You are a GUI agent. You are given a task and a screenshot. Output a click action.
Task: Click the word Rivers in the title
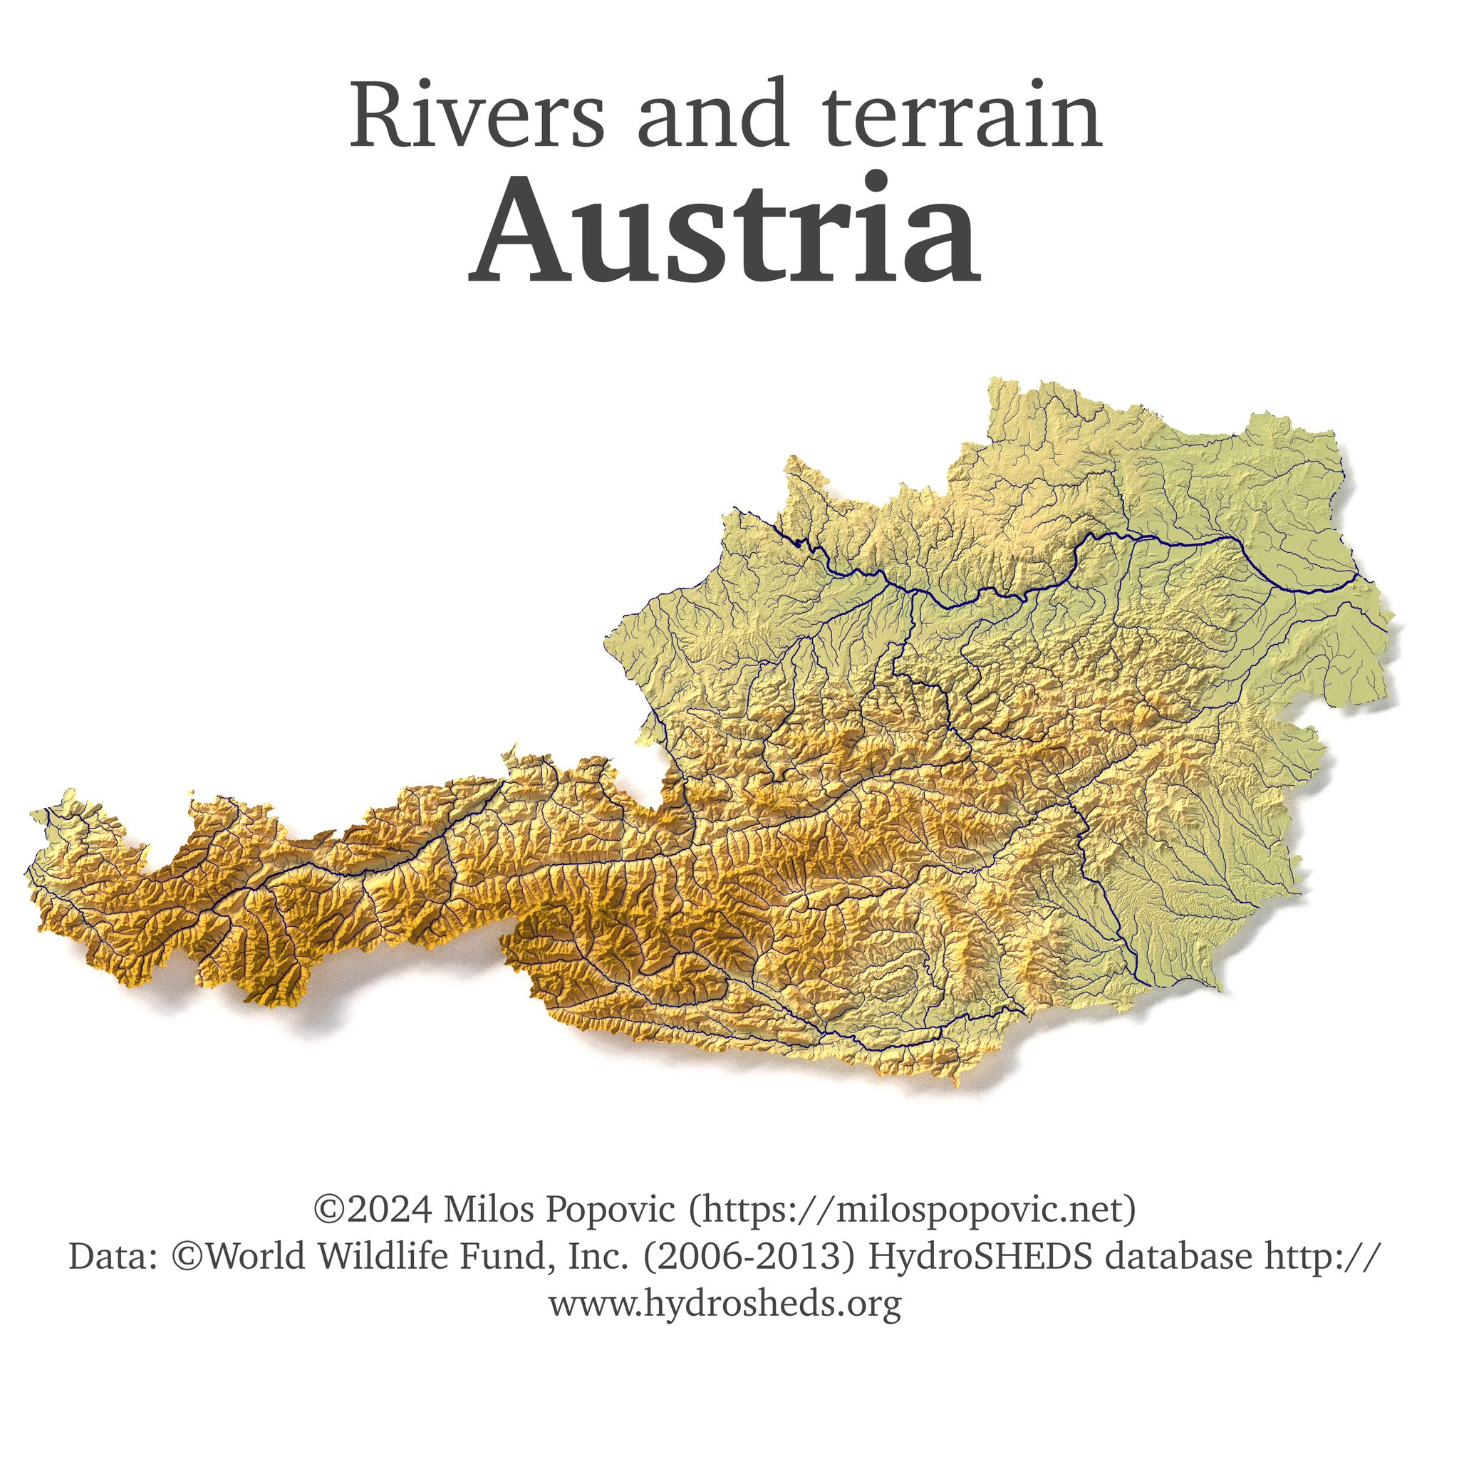click(x=477, y=115)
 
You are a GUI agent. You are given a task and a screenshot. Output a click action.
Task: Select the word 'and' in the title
click(x=714, y=115)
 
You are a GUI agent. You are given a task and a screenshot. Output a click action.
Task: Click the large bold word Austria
click(x=725, y=230)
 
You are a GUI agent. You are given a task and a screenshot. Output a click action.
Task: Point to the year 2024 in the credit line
click(x=390, y=1209)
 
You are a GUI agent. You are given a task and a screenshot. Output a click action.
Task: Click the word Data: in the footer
click(x=113, y=1257)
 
